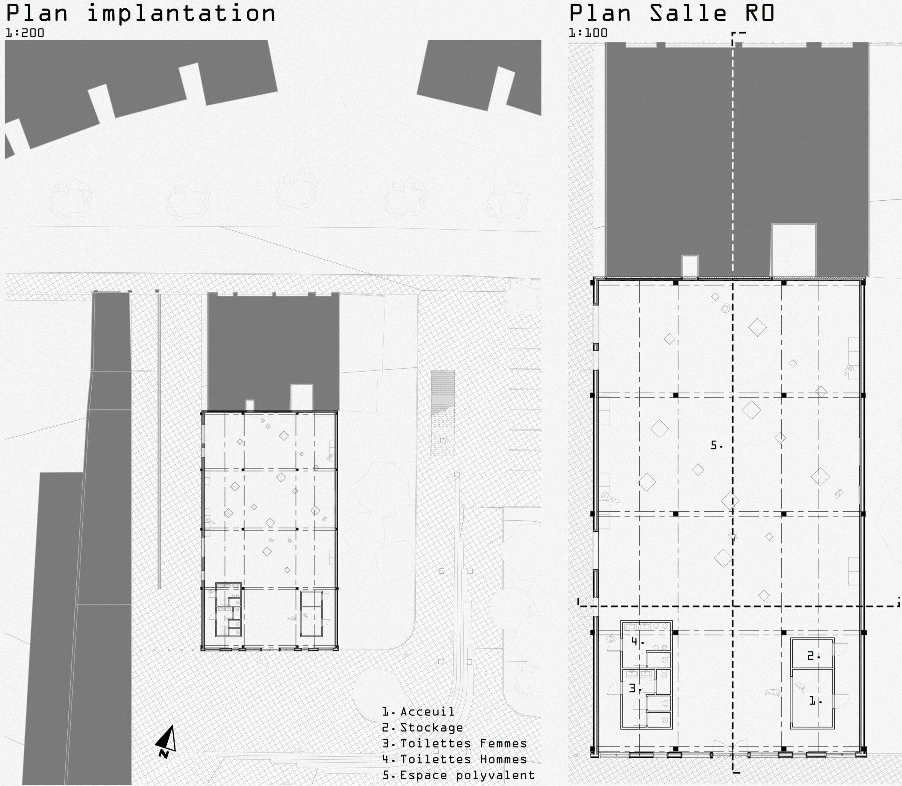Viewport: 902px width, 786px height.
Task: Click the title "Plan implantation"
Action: click(x=141, y=13)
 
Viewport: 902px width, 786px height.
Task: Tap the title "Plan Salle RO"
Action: click(x=672, y=13)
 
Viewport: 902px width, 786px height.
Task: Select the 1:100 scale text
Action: click(x=588, y=33)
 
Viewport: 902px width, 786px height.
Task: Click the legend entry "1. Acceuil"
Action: click(x=418, y=712)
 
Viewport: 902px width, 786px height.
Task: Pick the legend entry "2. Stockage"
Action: click(x=422, y=728)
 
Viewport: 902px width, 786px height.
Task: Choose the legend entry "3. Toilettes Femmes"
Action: click(x=454, y=744)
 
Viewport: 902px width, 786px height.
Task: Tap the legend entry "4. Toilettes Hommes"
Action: click(x=454, y=759)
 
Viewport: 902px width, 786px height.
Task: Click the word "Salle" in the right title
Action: click(x=688, y=13)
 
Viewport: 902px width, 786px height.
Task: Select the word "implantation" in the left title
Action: click(x=181, y=13)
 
